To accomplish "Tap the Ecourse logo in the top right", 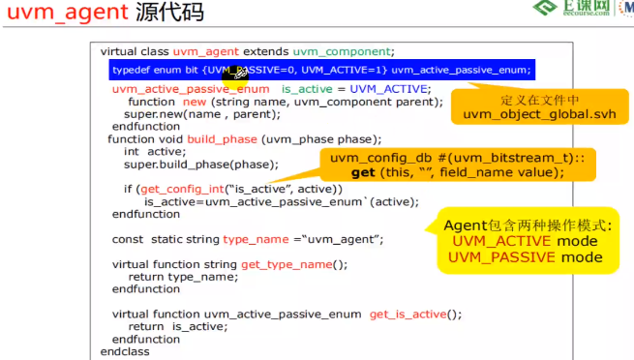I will [571, 12].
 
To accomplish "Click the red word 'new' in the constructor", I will [195, 102].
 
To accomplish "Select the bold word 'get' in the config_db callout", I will [363, 172].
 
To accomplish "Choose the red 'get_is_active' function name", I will [408, 314].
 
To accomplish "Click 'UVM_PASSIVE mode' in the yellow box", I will [526, 256].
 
